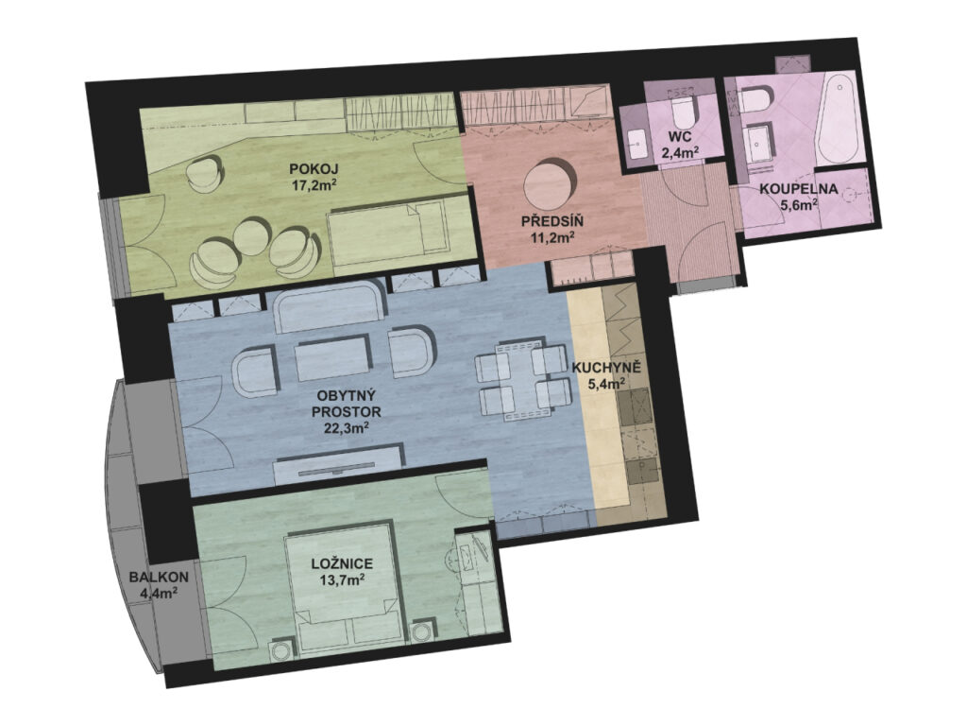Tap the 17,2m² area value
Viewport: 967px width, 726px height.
pyautogui.click(x=314, y=184)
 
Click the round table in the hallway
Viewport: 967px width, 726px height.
pyautogui.click(x=547, y=183)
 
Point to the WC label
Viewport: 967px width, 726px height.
pyautogui.click(x=680, y=137)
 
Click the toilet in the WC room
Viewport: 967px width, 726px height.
pyautogui.click(x=684, y=110)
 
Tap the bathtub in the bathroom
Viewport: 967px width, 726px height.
pyautogui.click(x=837, y=120)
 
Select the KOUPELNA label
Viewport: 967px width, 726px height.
pyautogui.click(x=798, y=189)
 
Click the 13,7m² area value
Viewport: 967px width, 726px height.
pyautogui.click(x=341, y=579)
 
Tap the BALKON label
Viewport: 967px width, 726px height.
pyautogui.click(x=159, y=578)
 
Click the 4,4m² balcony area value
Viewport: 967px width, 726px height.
pyautogui.click(x=160, y=594)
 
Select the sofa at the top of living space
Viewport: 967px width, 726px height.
pyautogui.click(x=330, y=306)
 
